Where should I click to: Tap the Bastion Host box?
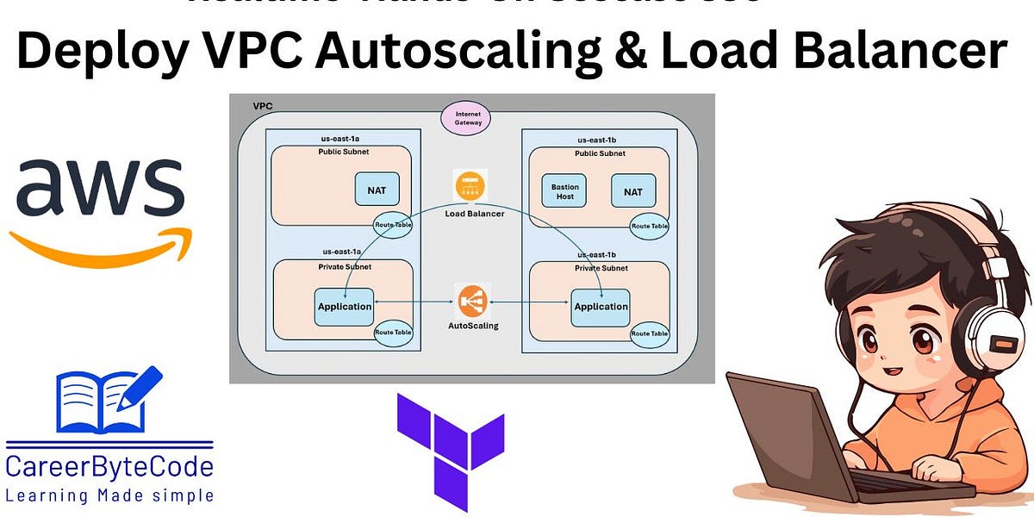point(565,190)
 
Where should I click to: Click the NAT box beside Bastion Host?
point(632,190)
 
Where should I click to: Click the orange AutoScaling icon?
point(472,301)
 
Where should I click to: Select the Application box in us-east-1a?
point(344,307)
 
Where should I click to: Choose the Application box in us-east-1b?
point(600,307)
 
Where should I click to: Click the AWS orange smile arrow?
point(99,244)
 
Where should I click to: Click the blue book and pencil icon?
point(108,400)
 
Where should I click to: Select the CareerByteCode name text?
point(109,468)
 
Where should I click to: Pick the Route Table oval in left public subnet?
point(392,224)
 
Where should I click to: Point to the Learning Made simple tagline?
point(109,495)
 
